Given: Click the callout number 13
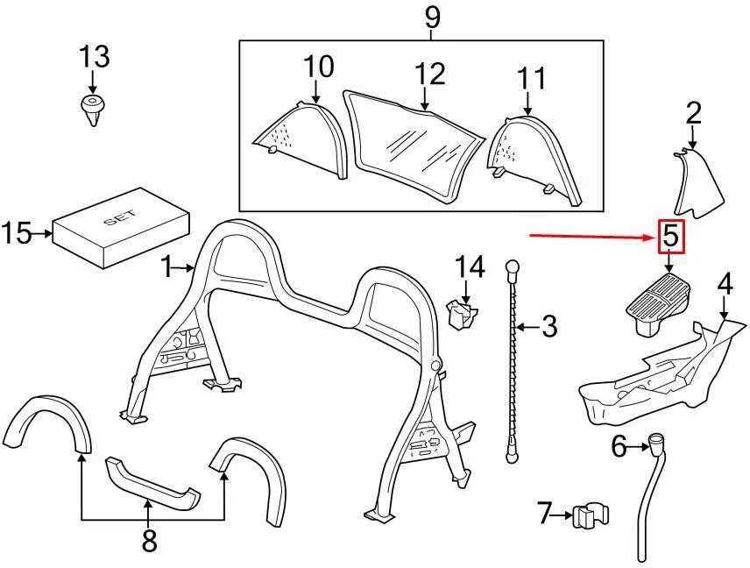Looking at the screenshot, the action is pyautogui.click(x=95, y=56).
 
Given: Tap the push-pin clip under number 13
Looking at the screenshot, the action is pyautogui.click(x=92, y=110).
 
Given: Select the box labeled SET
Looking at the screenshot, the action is pyautogui.click(x=122, y=227).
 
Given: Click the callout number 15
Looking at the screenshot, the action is pyautogui.click(x=16, y=233).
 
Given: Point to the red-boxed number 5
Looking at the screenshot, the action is pyautogui.click(x=671, y=237).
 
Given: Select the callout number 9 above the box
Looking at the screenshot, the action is pyautogui.click(x=431, y=18).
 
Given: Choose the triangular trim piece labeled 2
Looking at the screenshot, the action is pyautogui.click(x=697, y=184).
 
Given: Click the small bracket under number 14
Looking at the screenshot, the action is pyautogui.click(x=461, y=314).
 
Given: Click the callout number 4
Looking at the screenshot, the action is pyautogui.click(x=725, y=284).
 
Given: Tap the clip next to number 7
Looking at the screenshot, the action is pyautogui.click(x=591, y=515).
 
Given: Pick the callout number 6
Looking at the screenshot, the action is pyautogui.click(x=619, y=447).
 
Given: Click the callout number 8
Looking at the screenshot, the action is pyautogui.click(x=149, y=541).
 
